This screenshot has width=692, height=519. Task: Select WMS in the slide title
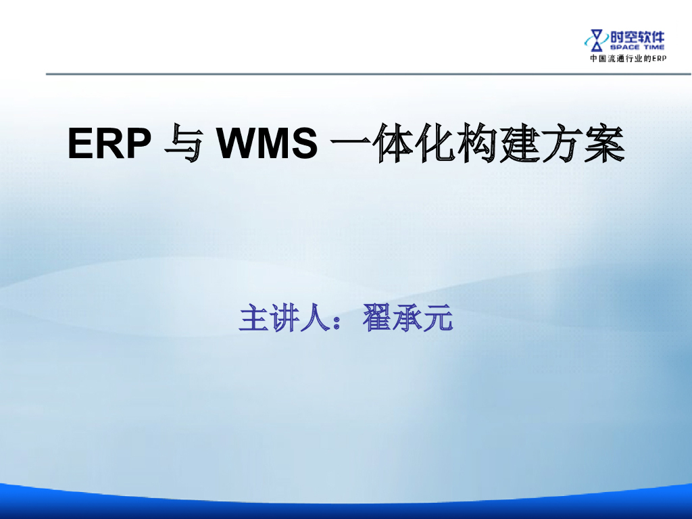[268, 145]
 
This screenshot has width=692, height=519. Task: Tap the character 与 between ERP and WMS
[182, 145]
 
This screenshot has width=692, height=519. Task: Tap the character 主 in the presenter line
[252, 318]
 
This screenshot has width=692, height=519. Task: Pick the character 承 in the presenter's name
[407, 318]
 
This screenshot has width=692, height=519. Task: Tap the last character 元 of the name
[437, 318]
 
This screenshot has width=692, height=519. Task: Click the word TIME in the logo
[653, 47]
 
